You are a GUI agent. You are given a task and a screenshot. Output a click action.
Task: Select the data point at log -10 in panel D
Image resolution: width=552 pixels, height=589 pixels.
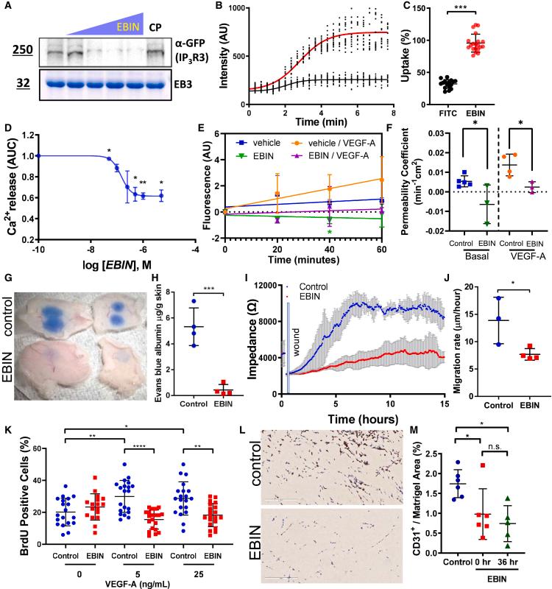click(x=39, y=155)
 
